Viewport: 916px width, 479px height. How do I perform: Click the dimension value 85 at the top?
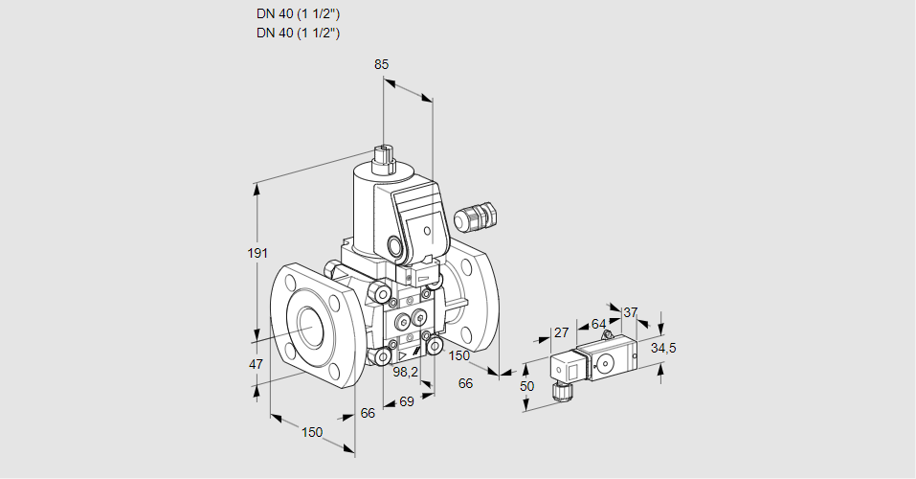coord(381,65)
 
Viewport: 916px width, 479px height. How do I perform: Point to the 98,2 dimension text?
coord(408,372)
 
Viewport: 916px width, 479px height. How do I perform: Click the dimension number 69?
coord(406,400)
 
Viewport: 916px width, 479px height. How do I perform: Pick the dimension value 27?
coord(562,332)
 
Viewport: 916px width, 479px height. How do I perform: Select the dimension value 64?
coord(598,324)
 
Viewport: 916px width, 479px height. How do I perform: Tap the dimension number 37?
coord(630,311)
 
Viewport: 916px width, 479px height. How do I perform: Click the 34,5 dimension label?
coord(663,348)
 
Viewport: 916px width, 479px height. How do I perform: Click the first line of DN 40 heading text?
coord(299,14)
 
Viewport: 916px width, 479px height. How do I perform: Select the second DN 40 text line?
coord(299,33)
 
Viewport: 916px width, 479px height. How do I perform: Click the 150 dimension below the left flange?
coord(312,432)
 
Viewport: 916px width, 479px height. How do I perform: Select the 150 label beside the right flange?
coord(460,355)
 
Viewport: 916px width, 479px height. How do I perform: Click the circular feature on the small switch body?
coord(605,363)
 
